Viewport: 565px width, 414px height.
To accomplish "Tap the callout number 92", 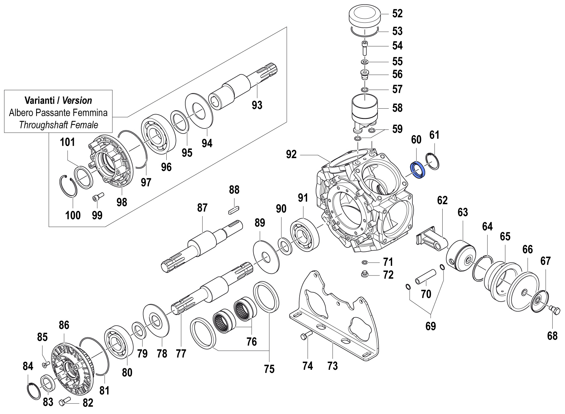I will (291, 154).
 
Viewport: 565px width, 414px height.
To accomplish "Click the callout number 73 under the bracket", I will (332, 366).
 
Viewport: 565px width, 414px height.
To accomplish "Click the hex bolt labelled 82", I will (65, 402).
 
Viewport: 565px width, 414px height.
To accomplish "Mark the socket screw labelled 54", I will (365, 47).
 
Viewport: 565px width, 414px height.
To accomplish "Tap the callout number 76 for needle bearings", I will (251, 341).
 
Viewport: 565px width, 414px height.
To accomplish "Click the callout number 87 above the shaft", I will (202, 208).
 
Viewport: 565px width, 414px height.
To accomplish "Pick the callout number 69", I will (430, 326).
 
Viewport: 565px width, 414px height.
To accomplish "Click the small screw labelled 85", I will (46, 363).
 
